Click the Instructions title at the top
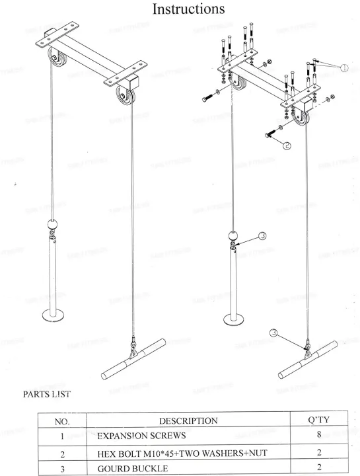click(x=188, y=9)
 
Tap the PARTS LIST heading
click(x=47, y=395)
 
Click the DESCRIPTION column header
click(x=188, y=420)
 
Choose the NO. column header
click(x=61, y=420)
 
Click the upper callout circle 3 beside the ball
click(x=262, y=236)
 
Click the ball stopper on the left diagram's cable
click(x=53, y=223)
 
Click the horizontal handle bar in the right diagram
click(x=308, y=356)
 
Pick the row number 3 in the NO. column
click(x=61, y=469)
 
